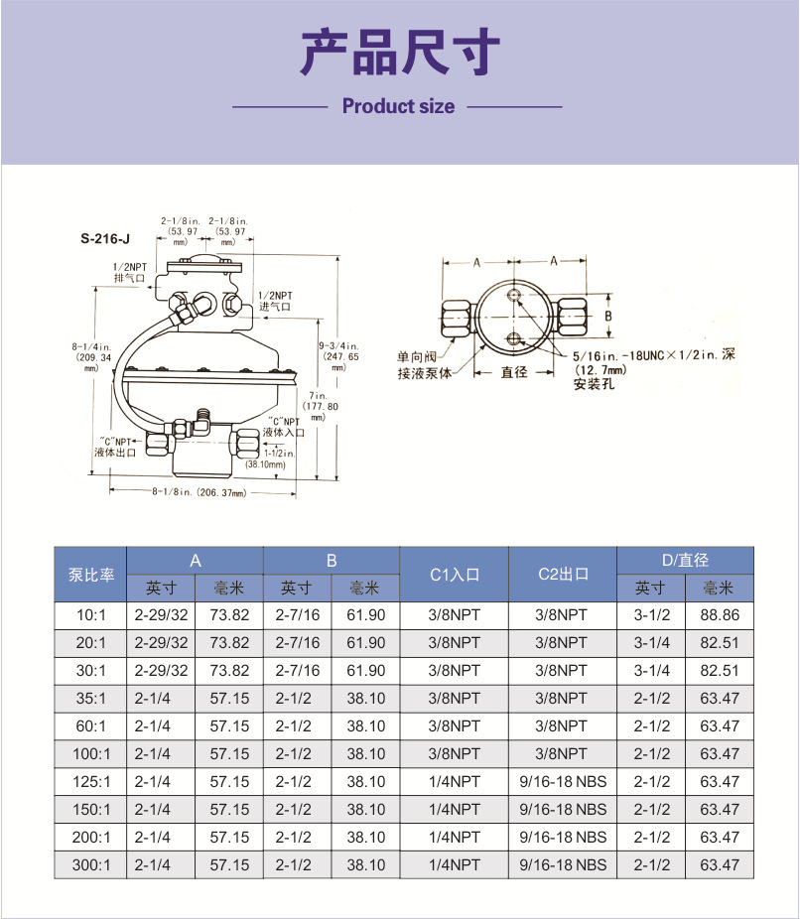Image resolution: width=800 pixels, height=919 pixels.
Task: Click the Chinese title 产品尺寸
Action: [x=399, y=55]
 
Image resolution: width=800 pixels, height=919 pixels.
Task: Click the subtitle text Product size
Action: [x=398, y=106]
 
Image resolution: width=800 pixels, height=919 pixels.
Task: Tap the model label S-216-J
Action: [x=105, y=238]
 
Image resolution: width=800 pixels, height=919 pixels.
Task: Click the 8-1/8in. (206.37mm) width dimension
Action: [x=198, y=493]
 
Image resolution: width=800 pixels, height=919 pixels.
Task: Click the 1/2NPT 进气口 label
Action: [x=275, y=302]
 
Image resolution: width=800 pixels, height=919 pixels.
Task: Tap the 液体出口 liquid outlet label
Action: [x=113, y=452]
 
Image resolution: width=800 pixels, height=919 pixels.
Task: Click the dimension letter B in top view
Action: [x=608, y=317]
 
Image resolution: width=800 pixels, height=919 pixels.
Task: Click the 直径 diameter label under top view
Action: [x=513, y=372]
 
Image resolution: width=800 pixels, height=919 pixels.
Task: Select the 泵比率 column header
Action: [x=91, y=574]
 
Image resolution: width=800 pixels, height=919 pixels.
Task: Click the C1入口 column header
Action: [x=455, y=574]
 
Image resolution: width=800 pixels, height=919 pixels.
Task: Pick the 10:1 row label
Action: [x=91, y=615]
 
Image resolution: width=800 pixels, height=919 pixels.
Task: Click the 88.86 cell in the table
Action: [x=720, y=615]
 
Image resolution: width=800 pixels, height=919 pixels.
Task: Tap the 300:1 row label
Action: [x=91, y=864]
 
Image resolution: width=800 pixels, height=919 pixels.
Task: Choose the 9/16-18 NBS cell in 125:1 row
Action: [x=563, y=782]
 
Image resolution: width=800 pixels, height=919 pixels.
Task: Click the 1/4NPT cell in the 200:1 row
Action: [x=455, y=838]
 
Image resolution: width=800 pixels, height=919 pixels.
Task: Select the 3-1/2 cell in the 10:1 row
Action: [x=652, y=615]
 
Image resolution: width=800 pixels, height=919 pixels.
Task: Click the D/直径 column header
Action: [x=685, y=561]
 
